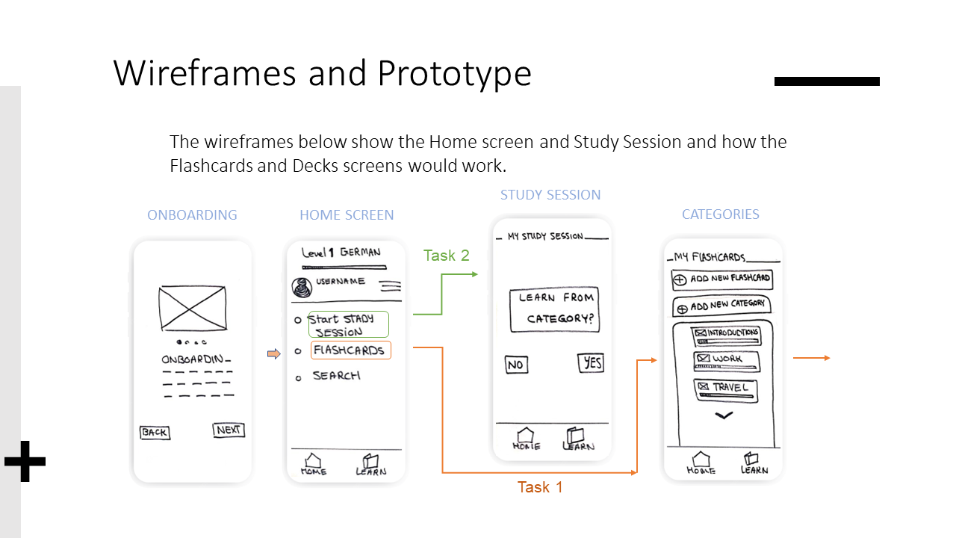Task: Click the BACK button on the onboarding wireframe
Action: (x=155, y=433)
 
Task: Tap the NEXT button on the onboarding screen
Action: (x=229, y=430)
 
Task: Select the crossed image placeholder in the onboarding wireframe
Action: (x=193, y=309)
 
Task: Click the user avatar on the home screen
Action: (x=302, y=287)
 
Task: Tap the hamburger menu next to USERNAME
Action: (x=391, y=286)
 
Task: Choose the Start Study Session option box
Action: (x=348, y=324)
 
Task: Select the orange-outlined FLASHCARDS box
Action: (x=351, y=350)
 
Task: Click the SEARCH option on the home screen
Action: (x=336, y=376)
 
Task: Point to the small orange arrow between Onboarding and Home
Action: (x=273, y=353)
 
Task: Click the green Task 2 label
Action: (x=447, y=256)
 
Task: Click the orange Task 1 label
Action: (x=540, y=487)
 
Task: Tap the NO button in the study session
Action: (x=516, y=365)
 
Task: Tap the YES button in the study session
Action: (x=591, y=363)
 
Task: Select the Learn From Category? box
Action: (x=554, y=309)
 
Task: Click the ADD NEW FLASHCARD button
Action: (x=722, y=279)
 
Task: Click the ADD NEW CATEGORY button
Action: (x=722, y=306)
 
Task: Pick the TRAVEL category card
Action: (x=725, y=390)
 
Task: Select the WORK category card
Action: (x=727, y=361)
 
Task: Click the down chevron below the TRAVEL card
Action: (x=724, y=415)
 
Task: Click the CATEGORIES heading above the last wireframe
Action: (x=721, y=214)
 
